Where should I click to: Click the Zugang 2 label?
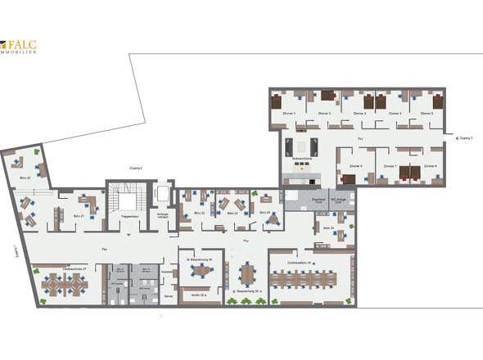coord(137,168)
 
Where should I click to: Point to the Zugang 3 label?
coord(466,139)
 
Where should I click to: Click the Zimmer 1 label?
coord(288,114)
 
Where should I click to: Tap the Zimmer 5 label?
coord(427,114)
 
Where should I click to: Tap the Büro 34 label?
coord(328,227)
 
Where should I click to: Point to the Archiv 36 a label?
coord(197,294)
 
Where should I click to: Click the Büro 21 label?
coord(80,215)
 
